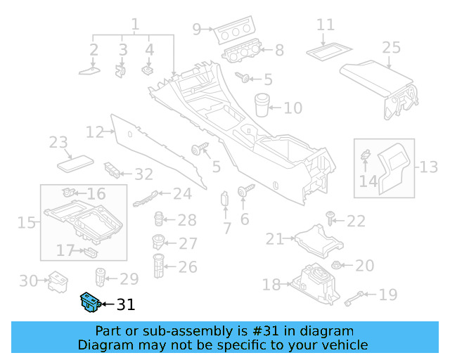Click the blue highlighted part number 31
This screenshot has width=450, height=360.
click(89, 302)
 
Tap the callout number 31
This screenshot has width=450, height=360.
click(124, 304)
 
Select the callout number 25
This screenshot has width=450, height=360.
click(391, 47)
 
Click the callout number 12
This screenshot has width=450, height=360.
click(94, 131)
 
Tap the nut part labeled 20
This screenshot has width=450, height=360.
click(337, 266)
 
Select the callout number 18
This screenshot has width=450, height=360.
click(271, 284)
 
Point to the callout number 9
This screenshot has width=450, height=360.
click(197, 29)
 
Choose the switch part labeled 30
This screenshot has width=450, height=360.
click(55, 283)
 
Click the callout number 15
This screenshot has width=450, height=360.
click(27, 223)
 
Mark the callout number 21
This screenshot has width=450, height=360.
click(274, 239)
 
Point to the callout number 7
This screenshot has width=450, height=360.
click(226, 228)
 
